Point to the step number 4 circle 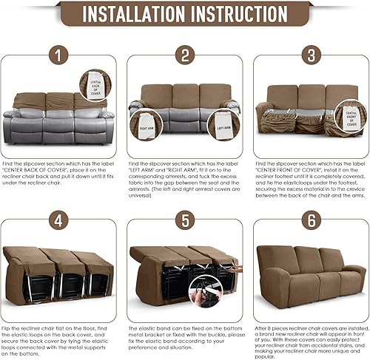pos(60,219)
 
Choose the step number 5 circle pos(185,219)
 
